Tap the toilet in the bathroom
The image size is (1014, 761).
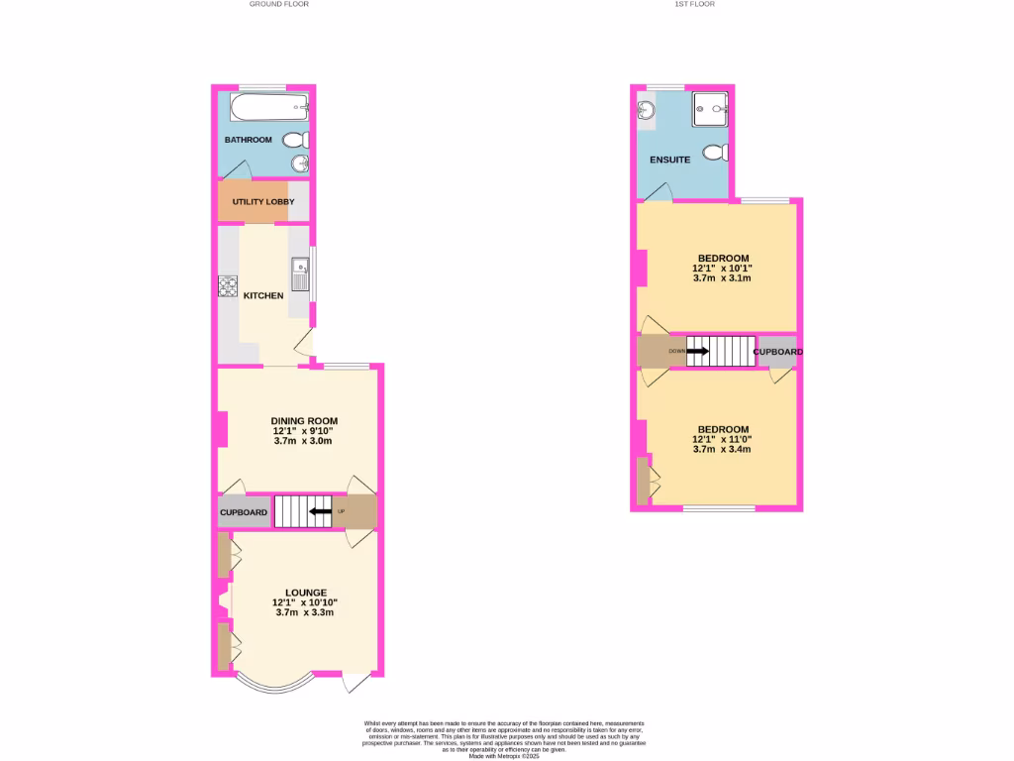pos(297,141)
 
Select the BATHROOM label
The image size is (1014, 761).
pos(248,140)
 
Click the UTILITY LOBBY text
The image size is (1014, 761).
pos(263,202)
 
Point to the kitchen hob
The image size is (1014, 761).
pos(228,286)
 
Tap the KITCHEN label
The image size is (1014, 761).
pos(263,296)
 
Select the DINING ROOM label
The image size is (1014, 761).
pos(304,421)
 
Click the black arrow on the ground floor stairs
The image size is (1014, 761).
pos(319,512)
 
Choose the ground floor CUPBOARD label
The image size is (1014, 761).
pos(243,512)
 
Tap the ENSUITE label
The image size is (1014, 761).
pos(669,160)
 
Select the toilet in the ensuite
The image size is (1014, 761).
pos(715,153)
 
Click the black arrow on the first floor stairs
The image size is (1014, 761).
pos(697,351)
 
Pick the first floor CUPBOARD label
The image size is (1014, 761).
pos(777,352)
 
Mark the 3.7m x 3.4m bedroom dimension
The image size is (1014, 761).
pos(722,449)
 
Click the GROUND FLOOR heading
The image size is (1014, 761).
pos(278,4)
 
